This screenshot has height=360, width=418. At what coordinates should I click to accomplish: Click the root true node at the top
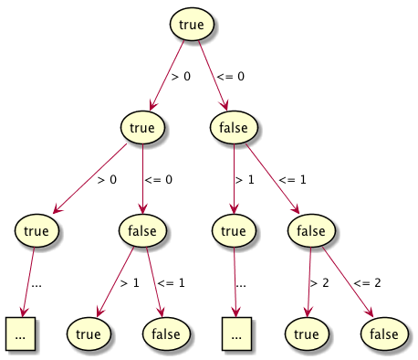click(192, 25)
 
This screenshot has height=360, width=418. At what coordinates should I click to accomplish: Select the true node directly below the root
click(142, 127)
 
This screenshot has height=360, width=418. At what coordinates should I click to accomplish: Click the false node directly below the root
click(234, 127)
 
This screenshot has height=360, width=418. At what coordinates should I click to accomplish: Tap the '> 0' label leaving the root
click(181, 77)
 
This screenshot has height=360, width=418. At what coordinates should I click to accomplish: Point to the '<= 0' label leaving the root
click(231, 77)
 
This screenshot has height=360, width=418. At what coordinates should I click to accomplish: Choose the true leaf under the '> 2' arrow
click(307, 334)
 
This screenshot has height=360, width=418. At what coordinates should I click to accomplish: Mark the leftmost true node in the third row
click(37, 230)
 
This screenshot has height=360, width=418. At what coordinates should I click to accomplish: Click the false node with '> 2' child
click(310, 230)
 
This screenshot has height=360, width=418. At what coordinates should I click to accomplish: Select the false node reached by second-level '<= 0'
click(142, 230)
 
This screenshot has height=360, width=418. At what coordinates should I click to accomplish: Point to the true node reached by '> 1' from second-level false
click(234, 230)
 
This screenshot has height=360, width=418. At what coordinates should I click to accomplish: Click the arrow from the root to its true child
click(166, 77)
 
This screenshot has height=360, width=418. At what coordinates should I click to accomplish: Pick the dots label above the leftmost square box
click(37, 283)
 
